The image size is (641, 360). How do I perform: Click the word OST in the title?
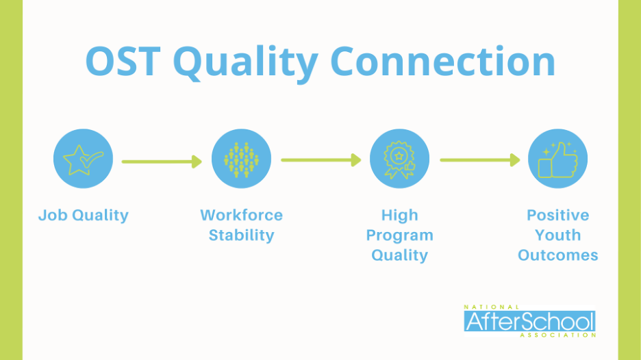coord(123,62)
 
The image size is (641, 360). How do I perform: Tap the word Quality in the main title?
coord(246,64)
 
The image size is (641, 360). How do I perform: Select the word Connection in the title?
coord(442,62)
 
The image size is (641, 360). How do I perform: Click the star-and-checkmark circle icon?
coord(83,159)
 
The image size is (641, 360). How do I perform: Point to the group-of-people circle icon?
coord(241,159)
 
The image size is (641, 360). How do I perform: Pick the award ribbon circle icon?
coord(399,159)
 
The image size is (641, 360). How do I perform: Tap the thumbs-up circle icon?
coord(557,159)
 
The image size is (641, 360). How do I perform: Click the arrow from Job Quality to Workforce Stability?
coord(162,162)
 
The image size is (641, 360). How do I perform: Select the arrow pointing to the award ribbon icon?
coord(321,159)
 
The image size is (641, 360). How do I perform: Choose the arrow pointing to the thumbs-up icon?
coord(480,159)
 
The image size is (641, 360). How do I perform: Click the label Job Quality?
coord(84,216)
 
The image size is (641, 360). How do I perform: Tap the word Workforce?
coord(241,215)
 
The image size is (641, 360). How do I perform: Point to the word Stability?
coord(241,235)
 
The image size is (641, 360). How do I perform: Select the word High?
coord(399,216)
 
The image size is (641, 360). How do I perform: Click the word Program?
coord(399,235)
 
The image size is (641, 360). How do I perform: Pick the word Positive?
coord(557,215)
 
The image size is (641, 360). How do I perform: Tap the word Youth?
coord(557,235)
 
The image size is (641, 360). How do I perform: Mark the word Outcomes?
coord(557,255)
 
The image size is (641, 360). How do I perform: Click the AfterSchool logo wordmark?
coord(529,321)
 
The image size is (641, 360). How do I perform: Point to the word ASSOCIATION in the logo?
coord(557,335)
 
